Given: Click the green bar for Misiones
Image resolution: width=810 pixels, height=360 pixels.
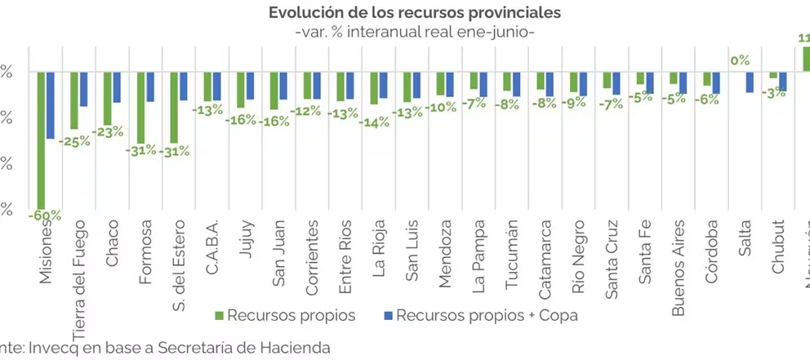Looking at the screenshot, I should click(x=41, y=139).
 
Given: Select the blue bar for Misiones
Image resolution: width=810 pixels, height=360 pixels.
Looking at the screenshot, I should click(x=50, y=105).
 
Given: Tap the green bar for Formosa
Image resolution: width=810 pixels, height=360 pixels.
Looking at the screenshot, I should click(x=140, y=107).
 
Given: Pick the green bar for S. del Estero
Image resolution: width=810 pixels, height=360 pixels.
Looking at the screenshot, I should click(x=174, y=107).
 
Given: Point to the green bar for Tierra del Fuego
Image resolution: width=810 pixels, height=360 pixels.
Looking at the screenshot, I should click(x=74, y=100).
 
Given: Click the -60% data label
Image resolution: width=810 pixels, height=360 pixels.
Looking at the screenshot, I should click(x=44, y=216).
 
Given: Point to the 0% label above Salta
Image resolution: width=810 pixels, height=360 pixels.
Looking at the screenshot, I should click(x=740, y=60).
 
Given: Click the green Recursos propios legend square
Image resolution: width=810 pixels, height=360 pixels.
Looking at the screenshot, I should click(x=219, y=315).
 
